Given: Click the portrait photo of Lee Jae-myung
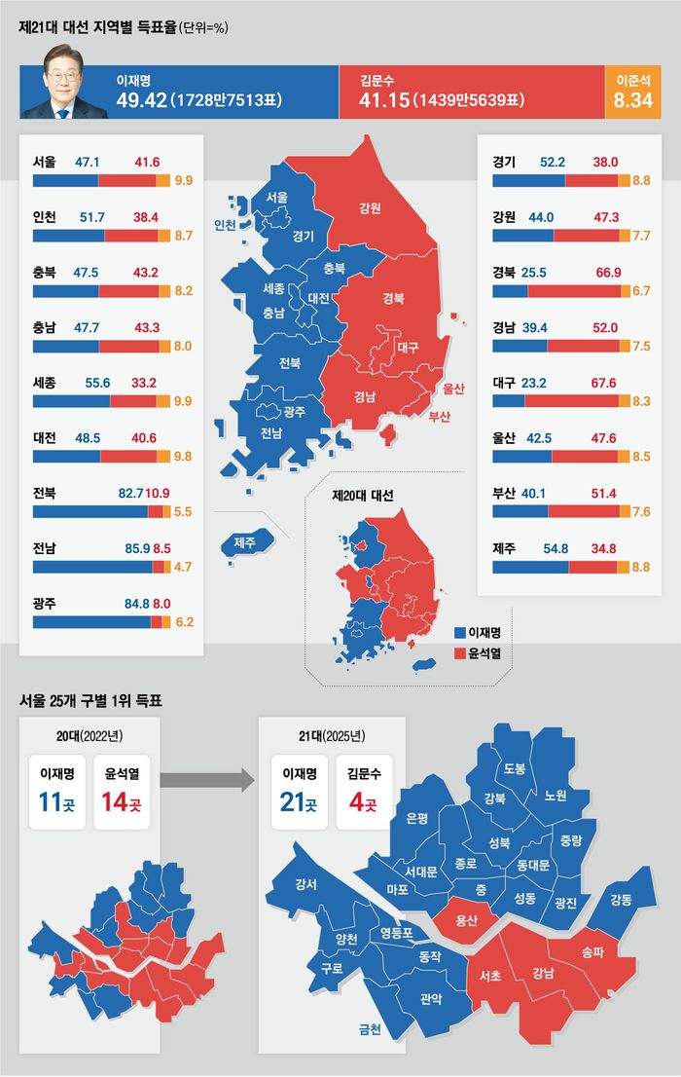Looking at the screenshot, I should (63, 93).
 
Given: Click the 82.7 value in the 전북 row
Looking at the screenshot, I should (131, 494).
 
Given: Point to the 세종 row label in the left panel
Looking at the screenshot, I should (44, 385).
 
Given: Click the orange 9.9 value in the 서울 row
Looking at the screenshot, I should (183, 181).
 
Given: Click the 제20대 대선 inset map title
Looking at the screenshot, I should (362, 496).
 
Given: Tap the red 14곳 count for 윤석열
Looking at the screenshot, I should (121, 805).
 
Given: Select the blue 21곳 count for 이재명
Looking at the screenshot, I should (297, 805).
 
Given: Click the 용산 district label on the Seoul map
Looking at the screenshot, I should (465, 919).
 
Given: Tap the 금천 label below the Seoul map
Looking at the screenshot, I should (370, 1028).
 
